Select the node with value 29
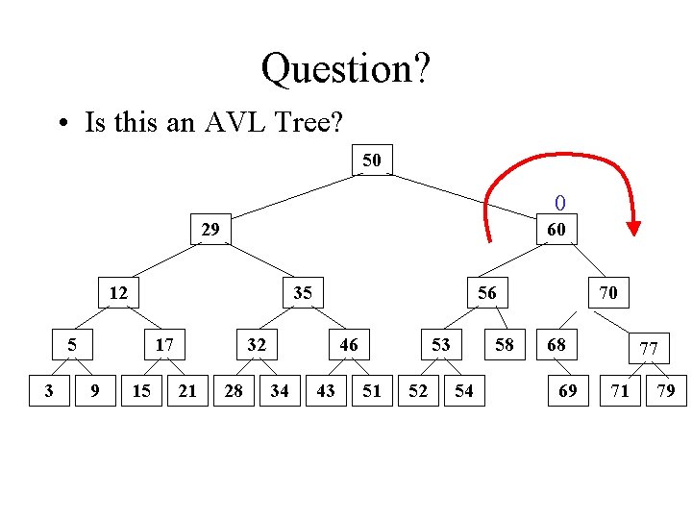(210, 230)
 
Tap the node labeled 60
(556, 230)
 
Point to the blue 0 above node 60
(560, 203)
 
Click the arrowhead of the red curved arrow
(632, 228)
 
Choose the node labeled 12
(118, 292)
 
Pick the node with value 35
(303, 292)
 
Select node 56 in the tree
(487, 292)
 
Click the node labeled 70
(607, 292)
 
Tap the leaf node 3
(49, 390)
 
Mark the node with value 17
(164, 344)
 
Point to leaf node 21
(187, 390)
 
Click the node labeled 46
(349, 344)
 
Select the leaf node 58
(505, 344)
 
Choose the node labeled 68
(556, 344)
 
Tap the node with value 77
(649, 348)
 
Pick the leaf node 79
(665, 390)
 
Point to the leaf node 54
(464, 390)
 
